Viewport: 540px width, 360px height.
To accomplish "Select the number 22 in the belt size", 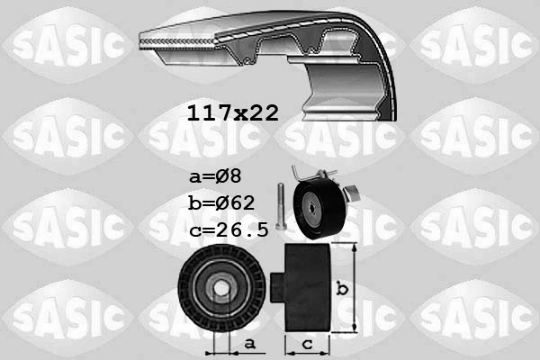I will [x=262, y=112].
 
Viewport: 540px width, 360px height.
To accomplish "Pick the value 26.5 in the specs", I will [x=241, y=229].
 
